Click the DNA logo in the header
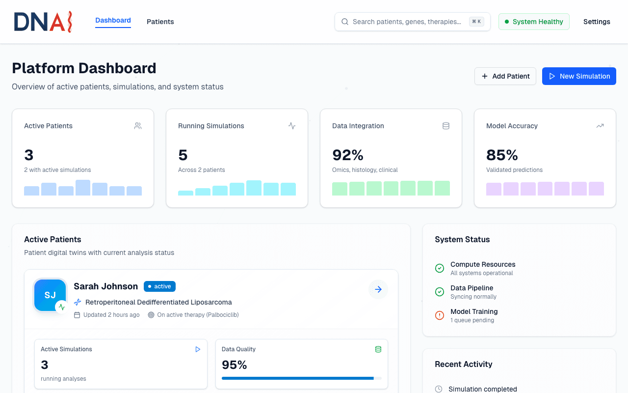[x=43, y=22]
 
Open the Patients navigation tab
[x=160, y=22]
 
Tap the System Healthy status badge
[x=534, y=22]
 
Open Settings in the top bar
[x=597, y=22]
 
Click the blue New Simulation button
[x=579, y=76]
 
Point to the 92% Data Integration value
[x=348, y=155]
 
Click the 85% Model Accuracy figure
[x=502, y=155]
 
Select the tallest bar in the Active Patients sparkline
[x=83, y=188]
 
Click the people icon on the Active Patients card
[x=138, y=126]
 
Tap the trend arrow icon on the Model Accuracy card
[x=600, y=126]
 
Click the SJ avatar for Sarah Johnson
[x=50, y=295]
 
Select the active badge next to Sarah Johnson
[x=159, y=286]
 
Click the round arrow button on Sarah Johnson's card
[x=378, y=289]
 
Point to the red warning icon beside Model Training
[x=440, y=315]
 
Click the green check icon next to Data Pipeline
[x=440, y=292]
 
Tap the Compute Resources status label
[x=483, y=264]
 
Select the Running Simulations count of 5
[x=183, y=155]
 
